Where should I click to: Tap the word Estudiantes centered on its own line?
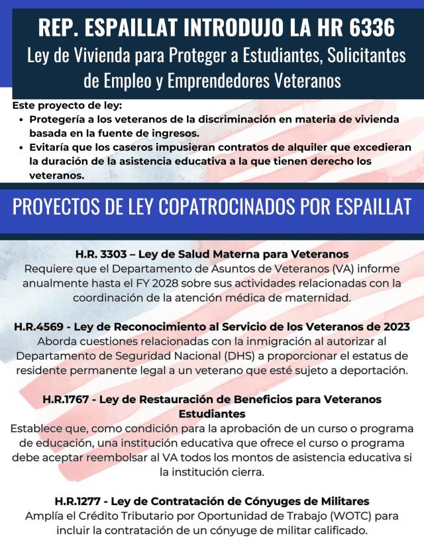(x=212, y=414)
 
